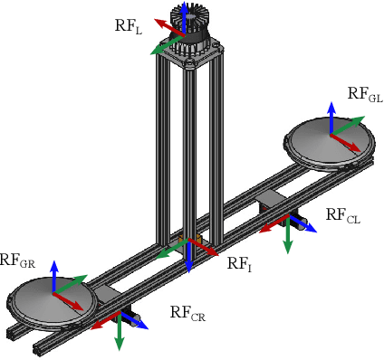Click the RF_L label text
129,24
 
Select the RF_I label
238,264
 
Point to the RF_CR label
192,314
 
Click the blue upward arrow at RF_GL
331,116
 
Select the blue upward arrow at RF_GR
54,274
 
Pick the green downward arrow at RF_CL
288,238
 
